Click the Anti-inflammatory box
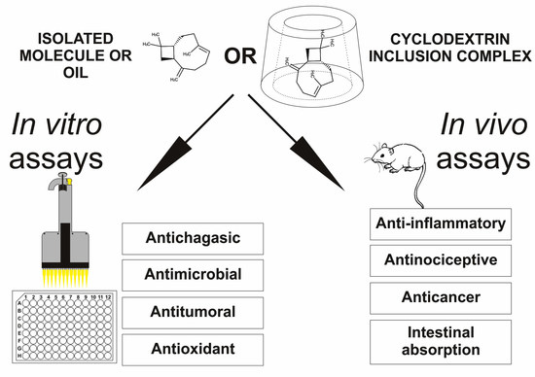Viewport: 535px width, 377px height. point(441,224)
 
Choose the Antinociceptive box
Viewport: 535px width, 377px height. point(441,259)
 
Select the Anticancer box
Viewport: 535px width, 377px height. point(441,295)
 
